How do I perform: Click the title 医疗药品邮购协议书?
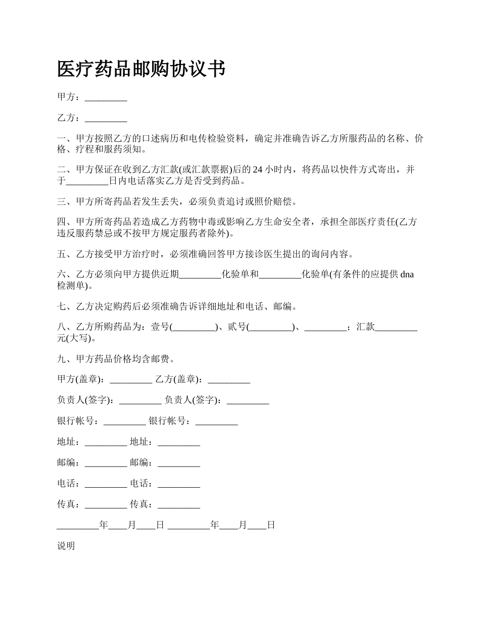tap(141, 69)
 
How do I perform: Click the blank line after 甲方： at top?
tap(106, 97)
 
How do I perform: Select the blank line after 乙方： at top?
tap(106, 119)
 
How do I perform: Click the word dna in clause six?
tap(407, 275)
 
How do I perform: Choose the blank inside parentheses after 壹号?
tap(194, 327)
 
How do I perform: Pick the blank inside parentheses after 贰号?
tap(271, 327)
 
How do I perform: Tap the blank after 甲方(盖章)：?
tap(130, 379)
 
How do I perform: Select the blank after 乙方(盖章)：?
tap(229, 379)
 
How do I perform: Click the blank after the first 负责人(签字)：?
tap(140, 400)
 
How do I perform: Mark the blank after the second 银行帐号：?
tap(216, 421)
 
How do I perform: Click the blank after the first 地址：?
tap(106, 442)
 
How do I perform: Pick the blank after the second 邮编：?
tap(179, 463)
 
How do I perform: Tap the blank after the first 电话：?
tap(106, 484)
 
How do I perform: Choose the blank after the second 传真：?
tap(179, 504)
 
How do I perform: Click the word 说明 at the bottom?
tap(66, 546)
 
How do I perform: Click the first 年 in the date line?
tap(104, 525)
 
